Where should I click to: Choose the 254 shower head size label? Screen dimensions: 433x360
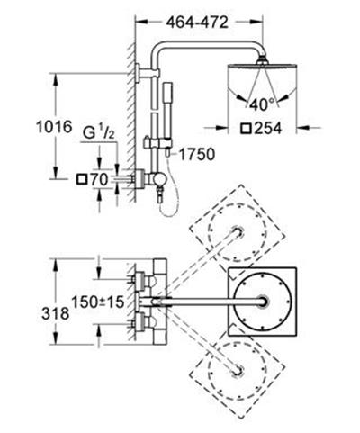coord(271,128)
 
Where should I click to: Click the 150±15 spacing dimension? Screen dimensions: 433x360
coord(97,299)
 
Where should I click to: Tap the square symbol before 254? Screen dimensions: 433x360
coord(247,128)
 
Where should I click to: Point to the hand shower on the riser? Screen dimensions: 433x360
coord(165,108)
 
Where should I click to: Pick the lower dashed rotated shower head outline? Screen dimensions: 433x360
coord(238,368)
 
